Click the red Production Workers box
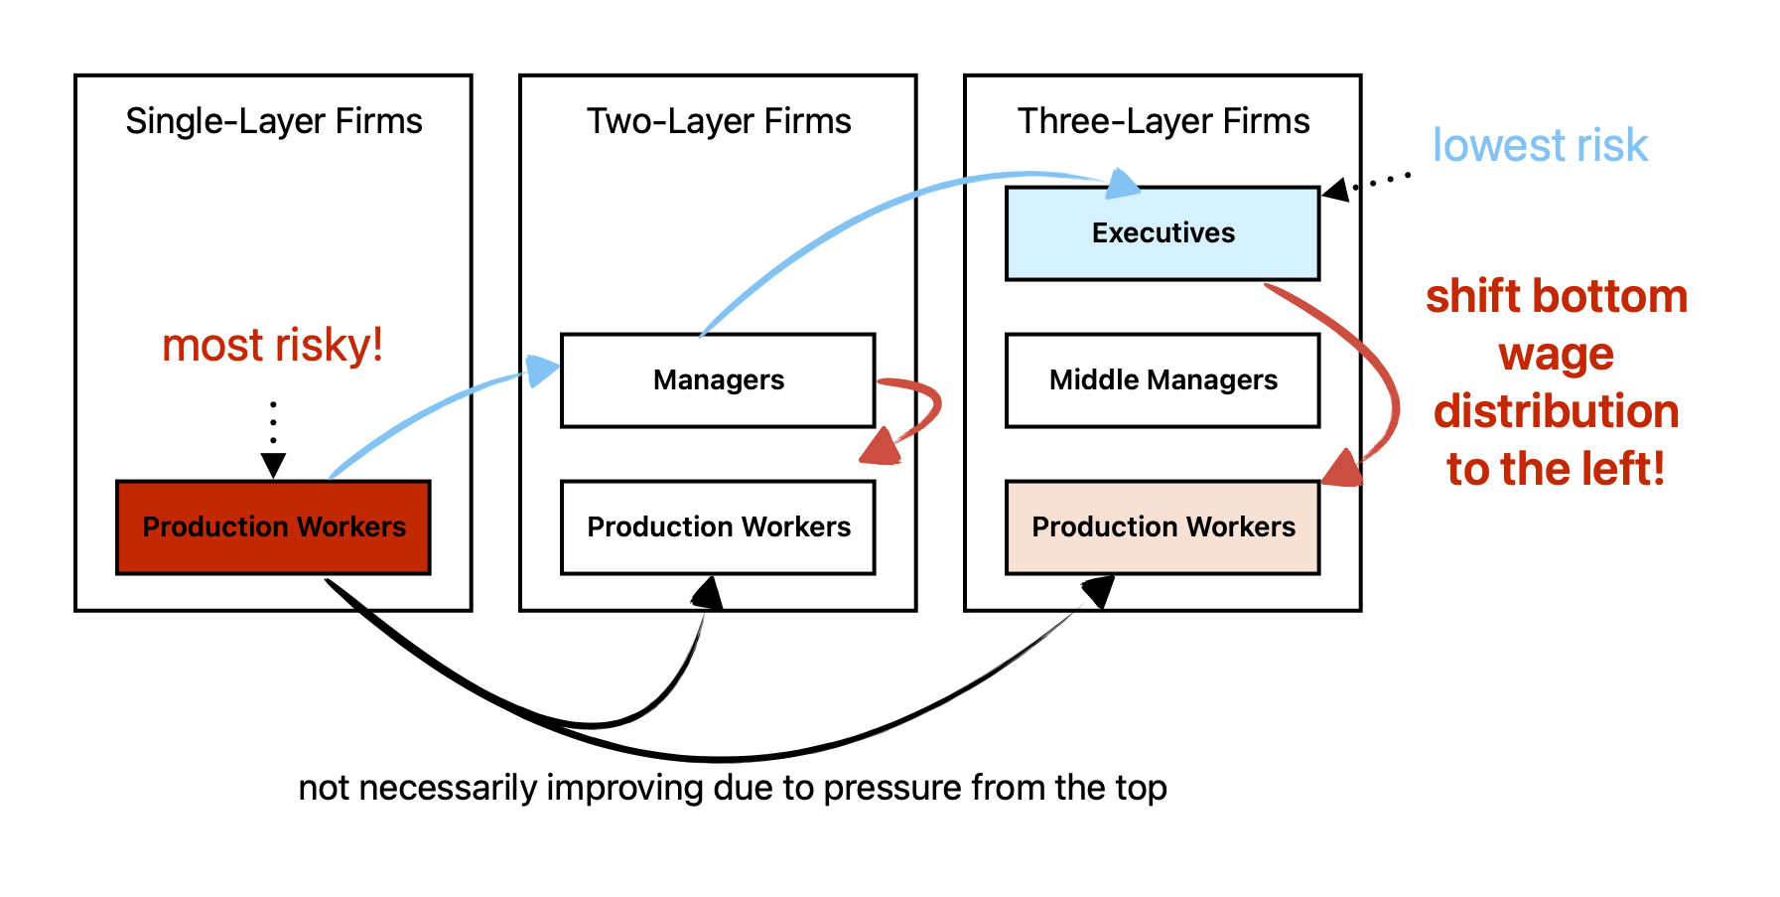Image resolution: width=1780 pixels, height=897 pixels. click(273, 527)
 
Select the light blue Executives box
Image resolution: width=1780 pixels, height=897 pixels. click(1163, 233)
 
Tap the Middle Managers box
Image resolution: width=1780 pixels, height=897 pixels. click(1163, 380)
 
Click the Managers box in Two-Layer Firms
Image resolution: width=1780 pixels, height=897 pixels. click(718, 380)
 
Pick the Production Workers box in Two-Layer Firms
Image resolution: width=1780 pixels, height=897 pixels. click(718, 527)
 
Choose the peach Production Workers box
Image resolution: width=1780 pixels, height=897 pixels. click(1163, 527)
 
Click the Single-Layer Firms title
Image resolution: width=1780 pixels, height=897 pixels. click(273, 121)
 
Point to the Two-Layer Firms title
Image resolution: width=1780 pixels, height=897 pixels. click(718, 121)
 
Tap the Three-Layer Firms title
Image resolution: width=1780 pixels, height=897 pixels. click(1163, 121)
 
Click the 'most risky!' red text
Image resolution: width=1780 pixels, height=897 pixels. click(273, 346)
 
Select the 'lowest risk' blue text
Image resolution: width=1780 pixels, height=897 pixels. click(1539, 146)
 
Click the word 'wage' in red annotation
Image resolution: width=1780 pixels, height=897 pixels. click(1556, 355)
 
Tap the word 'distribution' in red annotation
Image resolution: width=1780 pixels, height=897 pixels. click(1556, 411)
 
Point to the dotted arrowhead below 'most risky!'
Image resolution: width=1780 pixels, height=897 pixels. click(273, 465)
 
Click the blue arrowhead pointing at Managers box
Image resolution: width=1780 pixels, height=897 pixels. click(542, 371)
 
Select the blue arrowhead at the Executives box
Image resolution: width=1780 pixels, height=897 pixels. click(1123, 184)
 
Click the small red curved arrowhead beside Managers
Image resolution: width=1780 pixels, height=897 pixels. click(881, 448)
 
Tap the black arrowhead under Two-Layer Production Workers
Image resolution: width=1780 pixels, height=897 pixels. click(709, 593)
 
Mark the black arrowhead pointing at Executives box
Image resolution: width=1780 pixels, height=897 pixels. click(1336, 189)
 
